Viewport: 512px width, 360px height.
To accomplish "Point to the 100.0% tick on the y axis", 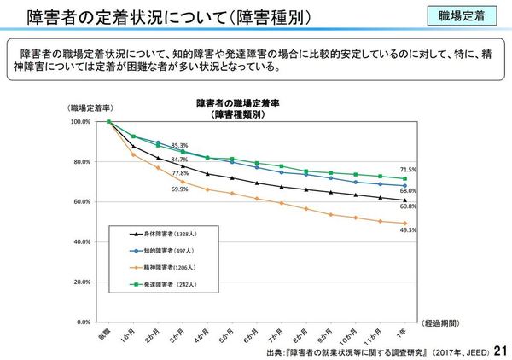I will click(79, 122).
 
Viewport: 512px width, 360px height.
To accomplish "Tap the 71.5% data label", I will click(408, 169).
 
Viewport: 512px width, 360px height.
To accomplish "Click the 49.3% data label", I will click(408, 229).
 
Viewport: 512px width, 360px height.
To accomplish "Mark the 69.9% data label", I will click(179, 189).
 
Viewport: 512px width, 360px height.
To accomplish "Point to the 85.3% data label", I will click(179, 145).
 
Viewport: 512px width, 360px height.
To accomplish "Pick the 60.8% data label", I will click(408, 206).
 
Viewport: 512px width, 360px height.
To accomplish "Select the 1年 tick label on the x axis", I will click(402, 332).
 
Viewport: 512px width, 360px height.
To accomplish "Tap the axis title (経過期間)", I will click(445, 324).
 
